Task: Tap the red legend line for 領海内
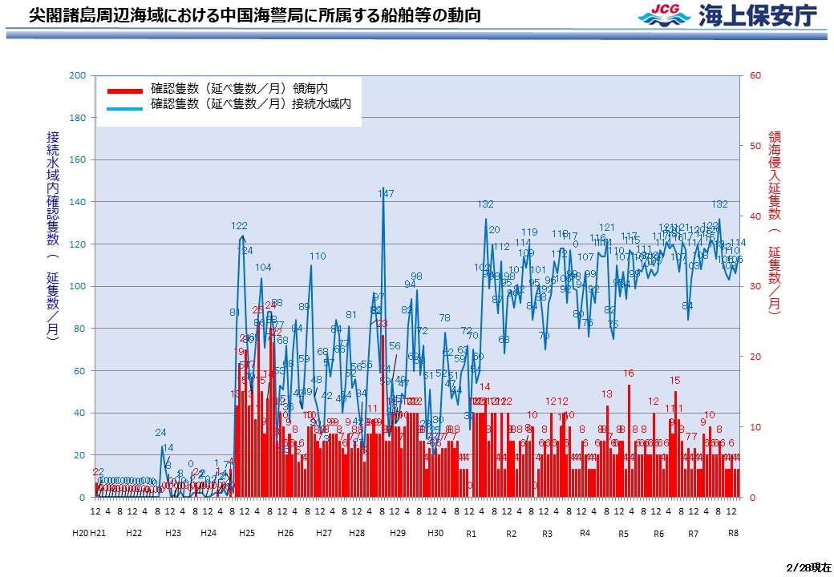(123, 89)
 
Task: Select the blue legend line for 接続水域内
(123, 105)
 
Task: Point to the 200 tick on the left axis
(78, 75)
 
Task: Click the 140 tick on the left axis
(78, 202)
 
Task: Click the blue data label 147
(386, 193)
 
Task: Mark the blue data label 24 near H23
(160, 433)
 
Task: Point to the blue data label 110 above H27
(318, 256)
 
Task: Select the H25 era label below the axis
(247, 533)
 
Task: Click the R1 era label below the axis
(471, 533)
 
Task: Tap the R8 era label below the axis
(733, 533)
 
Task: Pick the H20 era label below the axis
(80, 533)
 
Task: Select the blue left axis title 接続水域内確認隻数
(52, 236)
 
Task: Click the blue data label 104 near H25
(263, 267)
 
